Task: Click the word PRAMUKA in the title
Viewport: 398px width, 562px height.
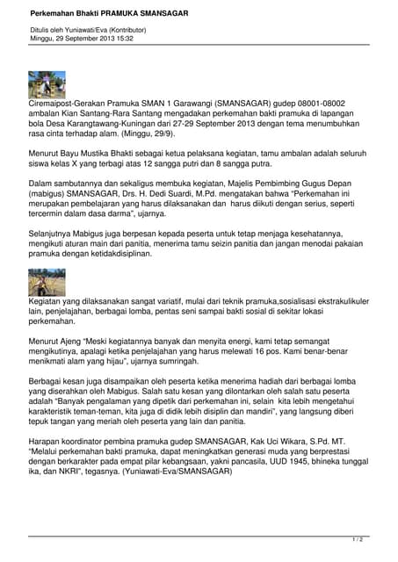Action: (x=120, y=14)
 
